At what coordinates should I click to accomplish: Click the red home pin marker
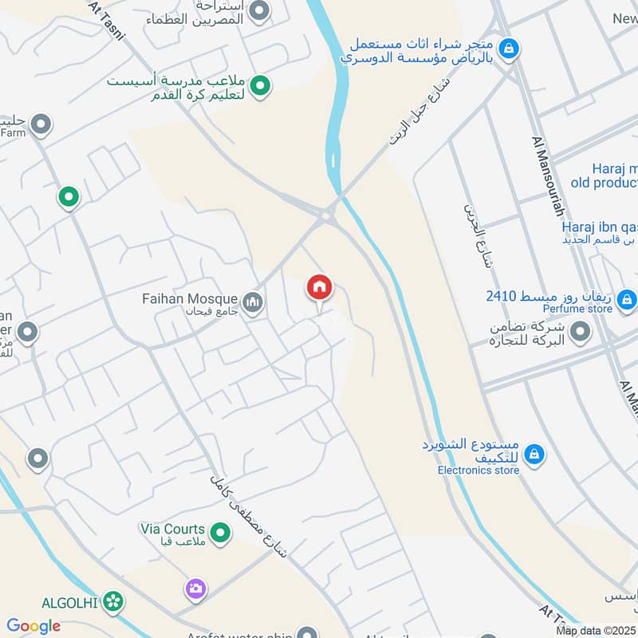pos(320,288)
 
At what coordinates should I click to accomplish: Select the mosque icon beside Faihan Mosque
pos(254,303)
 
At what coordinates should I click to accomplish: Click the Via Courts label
pos(172,529)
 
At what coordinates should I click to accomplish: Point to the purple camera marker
pos(195,589)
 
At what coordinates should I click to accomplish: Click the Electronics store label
pos(478,471)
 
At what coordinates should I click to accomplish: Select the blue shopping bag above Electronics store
pos(534,454)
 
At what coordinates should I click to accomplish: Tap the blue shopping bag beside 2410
pos(627,299)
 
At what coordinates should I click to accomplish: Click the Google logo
pos(33,626)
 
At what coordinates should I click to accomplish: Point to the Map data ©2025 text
pos(596,631)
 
